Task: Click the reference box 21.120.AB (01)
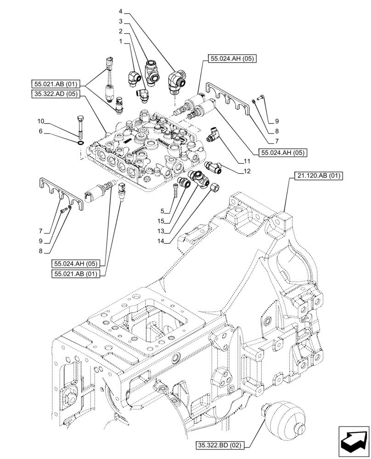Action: coord(317,176)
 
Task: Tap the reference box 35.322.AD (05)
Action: coord(56,94)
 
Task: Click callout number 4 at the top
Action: coord(120,11)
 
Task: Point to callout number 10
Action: coord(41,121)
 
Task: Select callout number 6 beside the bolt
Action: coord(41,131)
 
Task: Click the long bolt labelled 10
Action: coord(80,126)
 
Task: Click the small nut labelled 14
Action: coord(214,187)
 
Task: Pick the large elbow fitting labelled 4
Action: coord(177,82)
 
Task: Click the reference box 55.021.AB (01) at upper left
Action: coord(56,84)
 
